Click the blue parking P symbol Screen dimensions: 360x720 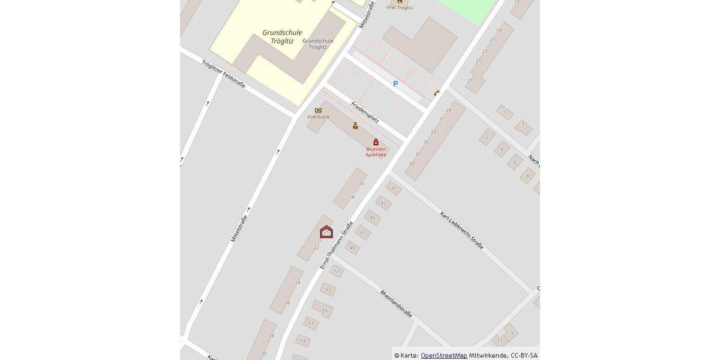click(395, 84)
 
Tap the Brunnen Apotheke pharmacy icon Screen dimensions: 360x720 click(376, 142)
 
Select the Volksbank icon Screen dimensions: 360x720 click(318, 110)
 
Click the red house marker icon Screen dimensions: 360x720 click(326, 232)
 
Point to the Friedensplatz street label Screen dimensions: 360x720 click(365, 112)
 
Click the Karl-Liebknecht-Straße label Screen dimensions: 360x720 click(461, 231)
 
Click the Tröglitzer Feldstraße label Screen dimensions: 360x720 click(223, 74)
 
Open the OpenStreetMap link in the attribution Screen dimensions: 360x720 click(443, 355)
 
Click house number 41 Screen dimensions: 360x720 click(394, 188)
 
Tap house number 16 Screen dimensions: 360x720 click(361, 184)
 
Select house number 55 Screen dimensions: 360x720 click(325, 311)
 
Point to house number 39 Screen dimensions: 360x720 click(411, 164)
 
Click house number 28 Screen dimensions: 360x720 click(271, 336)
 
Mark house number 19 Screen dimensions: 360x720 click(499, 31)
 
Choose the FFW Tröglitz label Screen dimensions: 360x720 click(400, 7)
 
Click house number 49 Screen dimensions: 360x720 click(352, 248)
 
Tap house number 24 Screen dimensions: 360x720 click(298, 283)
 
